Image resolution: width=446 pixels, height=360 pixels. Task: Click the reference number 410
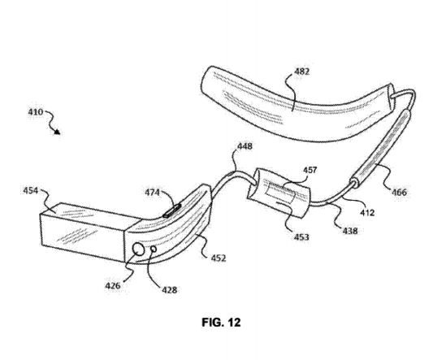[36, 112]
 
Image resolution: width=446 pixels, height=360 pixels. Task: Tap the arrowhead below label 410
[58, 132]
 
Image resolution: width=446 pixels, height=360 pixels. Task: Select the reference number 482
[301, 72]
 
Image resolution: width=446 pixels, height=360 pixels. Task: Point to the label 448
[245, 146]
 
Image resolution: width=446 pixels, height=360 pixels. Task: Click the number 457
[310, 170]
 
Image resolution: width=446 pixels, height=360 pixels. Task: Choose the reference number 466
[400, 192]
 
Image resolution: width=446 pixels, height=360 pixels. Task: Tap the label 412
[367, 212]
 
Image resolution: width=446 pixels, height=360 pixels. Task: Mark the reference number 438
[349, 231]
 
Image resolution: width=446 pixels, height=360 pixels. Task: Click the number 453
[301, 236]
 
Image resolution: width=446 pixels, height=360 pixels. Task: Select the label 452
[219, 258]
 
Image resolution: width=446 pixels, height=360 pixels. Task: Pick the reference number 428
[169, 290]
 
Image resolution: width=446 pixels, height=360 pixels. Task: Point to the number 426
[113, 285]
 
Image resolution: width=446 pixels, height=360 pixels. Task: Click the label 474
[152, 193]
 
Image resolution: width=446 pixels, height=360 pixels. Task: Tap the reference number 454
[30, 190]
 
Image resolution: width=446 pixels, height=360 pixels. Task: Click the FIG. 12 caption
[221, 323]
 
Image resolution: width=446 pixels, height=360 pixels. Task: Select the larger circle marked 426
[138, 249]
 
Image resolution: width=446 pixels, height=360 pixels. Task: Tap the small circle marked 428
[154, 249]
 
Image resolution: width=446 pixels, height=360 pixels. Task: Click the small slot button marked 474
[172, 210]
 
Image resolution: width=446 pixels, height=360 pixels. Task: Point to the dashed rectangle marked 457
[280, 193]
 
